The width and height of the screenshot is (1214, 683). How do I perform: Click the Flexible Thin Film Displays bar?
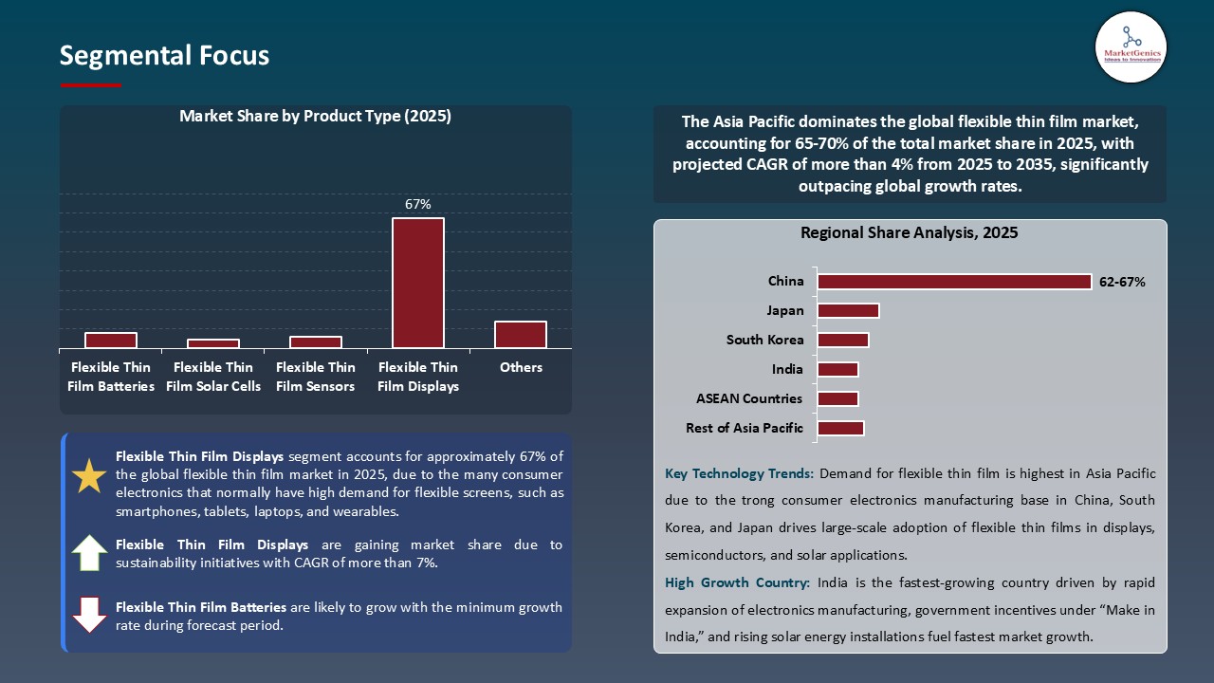(x=418, y=283)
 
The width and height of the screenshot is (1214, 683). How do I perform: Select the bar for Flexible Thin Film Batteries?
(x=111, y=341)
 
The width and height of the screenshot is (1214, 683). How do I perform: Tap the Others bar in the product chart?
(x=521, y=335)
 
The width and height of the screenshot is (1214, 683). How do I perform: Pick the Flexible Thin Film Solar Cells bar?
(x=213, y=343)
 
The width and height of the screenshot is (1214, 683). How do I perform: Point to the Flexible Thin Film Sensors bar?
(x=316, y=342)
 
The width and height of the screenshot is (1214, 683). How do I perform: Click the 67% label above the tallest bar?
(x=418, y=204)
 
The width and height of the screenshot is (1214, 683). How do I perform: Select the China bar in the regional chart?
(x=954, y=282)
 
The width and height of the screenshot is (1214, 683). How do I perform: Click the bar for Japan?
(x=848, y=310)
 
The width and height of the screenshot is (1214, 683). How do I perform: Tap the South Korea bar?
(x=843, y=340)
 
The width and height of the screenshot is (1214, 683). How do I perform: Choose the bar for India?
(x=837, y=369)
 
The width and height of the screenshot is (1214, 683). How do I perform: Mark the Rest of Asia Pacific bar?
(x=840, y=428)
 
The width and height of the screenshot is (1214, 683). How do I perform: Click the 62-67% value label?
(x=1122, y=282)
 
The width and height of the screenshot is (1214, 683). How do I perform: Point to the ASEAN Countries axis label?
(x=749, y=398)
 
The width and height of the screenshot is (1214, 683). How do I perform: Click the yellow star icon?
(x=89, y=476)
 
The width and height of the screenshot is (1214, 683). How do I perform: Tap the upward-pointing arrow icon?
(x=89, y=553)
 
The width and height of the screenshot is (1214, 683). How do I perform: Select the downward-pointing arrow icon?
(x=89, y=615)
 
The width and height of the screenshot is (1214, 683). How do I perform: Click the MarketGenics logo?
(x=1131, y=46)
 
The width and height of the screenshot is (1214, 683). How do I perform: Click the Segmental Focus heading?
(x=164, y=56)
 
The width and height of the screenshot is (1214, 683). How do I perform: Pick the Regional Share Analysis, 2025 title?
(x=909, y=233)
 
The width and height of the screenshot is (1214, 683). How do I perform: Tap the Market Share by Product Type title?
(x=315, y=117)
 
